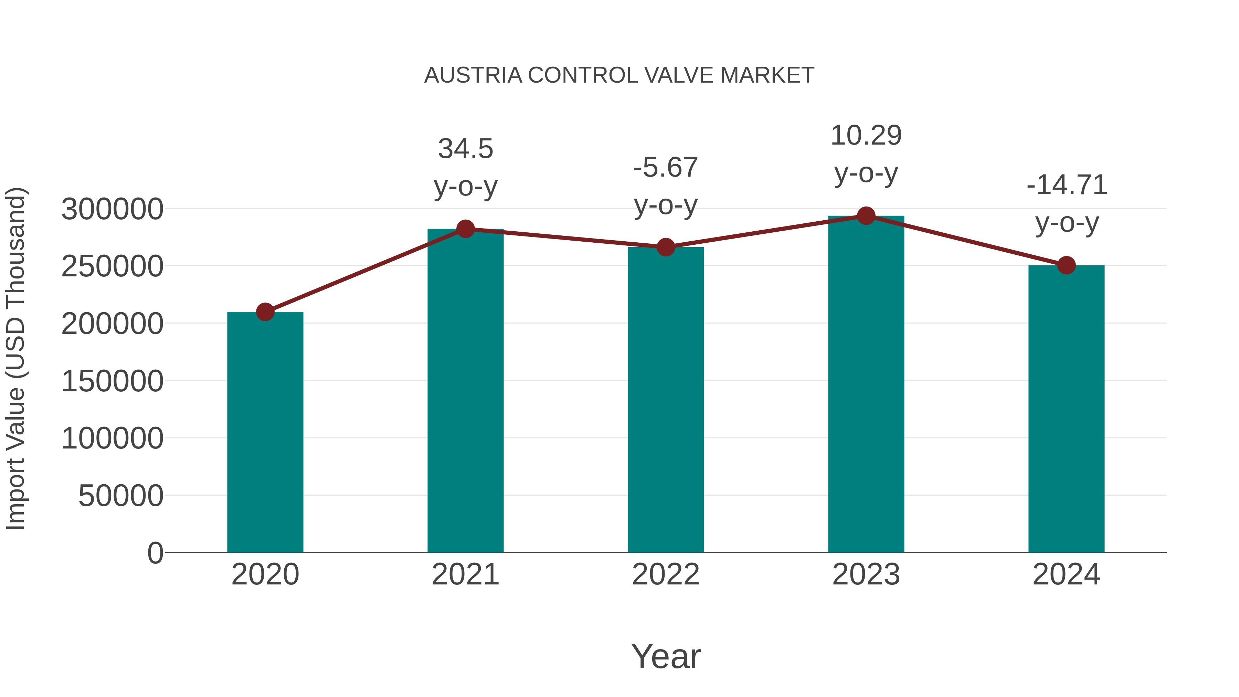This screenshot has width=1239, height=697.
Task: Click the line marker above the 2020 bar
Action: pyautogui.click(x=265, y=312)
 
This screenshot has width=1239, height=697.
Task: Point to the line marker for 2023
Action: pyautogui.click(x=866, y=216)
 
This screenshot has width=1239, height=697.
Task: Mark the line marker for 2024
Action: pyautogui.click(x=1066, y=265)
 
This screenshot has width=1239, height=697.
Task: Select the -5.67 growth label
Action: pyautogui.click(x=666, y=186)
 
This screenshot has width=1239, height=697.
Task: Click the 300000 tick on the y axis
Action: pyautogui.click(x=112, y=209)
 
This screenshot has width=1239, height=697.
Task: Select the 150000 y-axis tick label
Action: pyautogui.click(x=112, y=381)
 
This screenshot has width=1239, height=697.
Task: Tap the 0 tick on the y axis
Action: pyautogui.click(x=155, y=553)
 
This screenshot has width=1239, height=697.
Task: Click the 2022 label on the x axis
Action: pyautogui.click(x=666, y=574)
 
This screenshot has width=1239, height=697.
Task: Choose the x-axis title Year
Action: pyautogui.click(x=666, y=656)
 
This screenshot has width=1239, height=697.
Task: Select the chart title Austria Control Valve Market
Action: pyautogui.click(x=619, y=75)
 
